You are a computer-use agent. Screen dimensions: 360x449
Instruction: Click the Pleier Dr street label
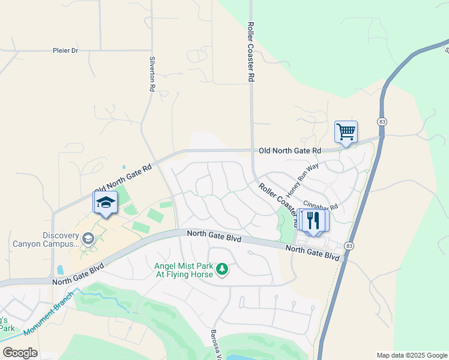pos(66,51)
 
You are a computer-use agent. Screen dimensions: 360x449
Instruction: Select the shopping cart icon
pos(346,131)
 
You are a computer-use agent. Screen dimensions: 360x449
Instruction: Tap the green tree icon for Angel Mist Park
pos(222,269)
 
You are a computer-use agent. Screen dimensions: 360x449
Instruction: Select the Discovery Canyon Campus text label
pos(46,239)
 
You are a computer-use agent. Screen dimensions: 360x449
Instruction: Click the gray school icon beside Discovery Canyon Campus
pos(88,239)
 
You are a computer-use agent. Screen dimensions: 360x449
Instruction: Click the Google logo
pos(19,353)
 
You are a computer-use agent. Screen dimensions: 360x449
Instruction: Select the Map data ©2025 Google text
pos(411,355)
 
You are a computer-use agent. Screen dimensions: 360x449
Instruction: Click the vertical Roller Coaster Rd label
pos(251,53)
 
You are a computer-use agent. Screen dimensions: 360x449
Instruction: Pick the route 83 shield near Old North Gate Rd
pos(382,122)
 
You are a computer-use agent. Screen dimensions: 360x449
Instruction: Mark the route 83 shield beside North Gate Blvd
pos(349,245)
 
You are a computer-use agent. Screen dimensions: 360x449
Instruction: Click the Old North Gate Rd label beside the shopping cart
pos(290,150)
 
